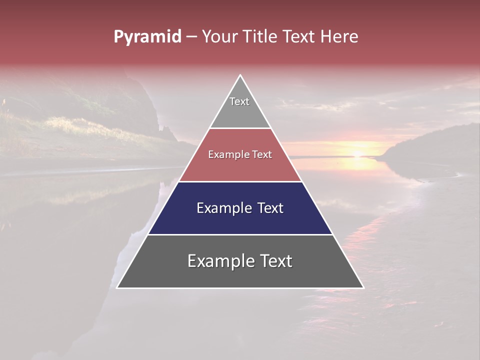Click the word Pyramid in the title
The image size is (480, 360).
pyautogui.click(x=147, y=37)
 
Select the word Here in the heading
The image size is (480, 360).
pyautogui.click(x=339, y=36)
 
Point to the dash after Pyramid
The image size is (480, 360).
pyautogui.click(x=191, y=37)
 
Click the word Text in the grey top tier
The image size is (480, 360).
pyautogui.click(x=239, y=101)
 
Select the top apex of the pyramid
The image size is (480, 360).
pyautogui.click(x=240, y=75)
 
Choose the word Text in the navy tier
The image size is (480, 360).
pyautogui.click(x=270, y=208)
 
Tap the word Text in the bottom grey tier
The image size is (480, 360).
pyautogui.click(x=276, y=261)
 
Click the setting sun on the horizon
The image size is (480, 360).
pyautogui.click(x=358, y=154)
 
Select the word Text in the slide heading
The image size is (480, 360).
pyautogui.click(x=300, y=36)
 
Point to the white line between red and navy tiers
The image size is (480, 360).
pyautogui.click(x=240, y=181)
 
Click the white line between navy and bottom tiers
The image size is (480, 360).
pyautogui.click(x=240, y=234)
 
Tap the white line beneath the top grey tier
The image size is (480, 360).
pyautogui.click(x=240, y=128)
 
